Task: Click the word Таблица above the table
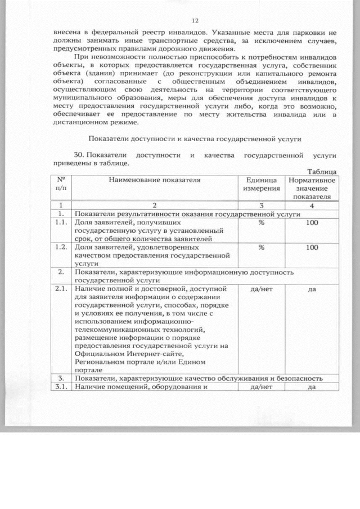[322, 171]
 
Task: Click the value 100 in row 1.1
[312, 223]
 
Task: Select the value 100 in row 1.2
[312, 247]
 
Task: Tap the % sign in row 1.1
[261, 223]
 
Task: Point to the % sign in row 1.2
[261, 247]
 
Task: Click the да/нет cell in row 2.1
[261, 289]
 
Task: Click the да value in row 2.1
[312, 289]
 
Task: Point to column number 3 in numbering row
[261, 206]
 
